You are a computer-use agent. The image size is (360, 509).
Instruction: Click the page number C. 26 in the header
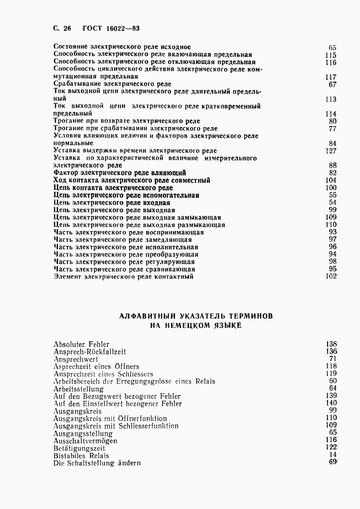(x=62, y=29)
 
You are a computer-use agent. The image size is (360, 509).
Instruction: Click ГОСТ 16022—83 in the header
(x=111, y=29)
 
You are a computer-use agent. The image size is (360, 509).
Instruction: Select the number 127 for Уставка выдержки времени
(x=331, y=151)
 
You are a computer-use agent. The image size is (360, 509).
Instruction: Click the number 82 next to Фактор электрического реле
(x=333, y=173)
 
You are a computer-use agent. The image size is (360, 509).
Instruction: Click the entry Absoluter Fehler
(x=81, y=344)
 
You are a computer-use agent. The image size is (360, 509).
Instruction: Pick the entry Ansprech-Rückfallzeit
(x=89, y=352)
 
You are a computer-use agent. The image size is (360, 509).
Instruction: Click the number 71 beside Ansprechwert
(x=333, y=359)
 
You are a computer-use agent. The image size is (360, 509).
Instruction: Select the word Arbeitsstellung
(x=78, y=389)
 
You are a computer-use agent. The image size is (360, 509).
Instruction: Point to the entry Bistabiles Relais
(x=81, y=456)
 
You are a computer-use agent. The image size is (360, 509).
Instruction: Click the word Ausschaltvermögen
(x=85, y=441)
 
